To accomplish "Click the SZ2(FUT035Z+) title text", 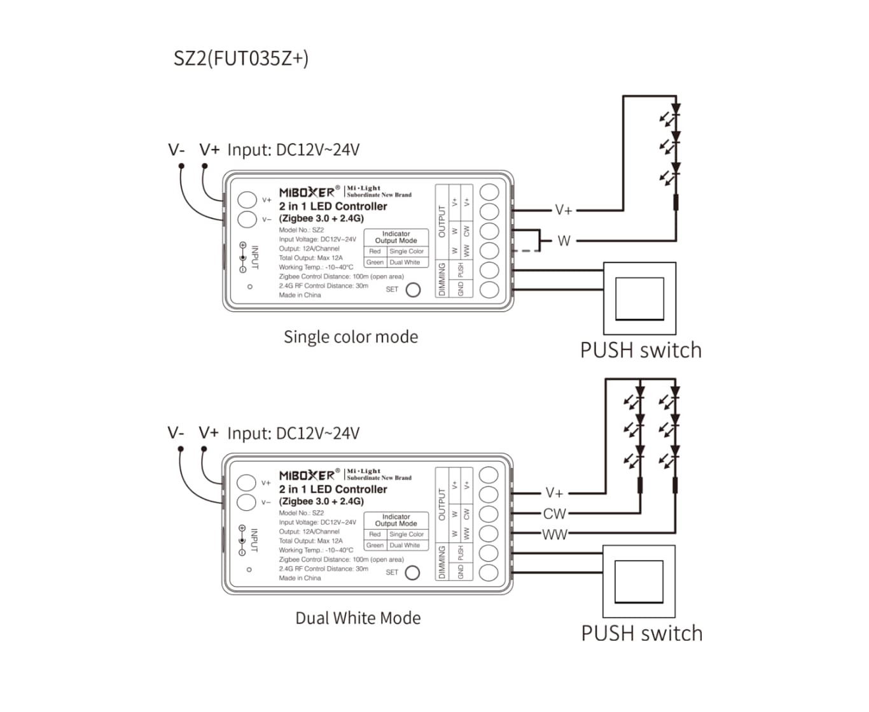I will click(x=241, y=58).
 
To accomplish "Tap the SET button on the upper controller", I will click(x=413, y=290).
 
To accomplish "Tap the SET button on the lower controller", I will click(x=412, y=573).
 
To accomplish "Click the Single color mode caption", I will click(x=351, y=337).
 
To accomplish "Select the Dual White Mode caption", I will click(x=358, y=618).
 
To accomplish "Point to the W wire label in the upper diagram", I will click(x=564, y=241).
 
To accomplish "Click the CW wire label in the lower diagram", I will click(x=554, y=513).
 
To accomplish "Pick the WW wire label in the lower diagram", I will click(x=554, y=534).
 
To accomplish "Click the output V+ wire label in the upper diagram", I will click(x=563, y=210).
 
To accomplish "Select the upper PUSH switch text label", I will click(x=641, y=350).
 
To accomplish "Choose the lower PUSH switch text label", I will click(x=641, y=634).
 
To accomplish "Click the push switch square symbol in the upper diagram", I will click(x=639, y=298).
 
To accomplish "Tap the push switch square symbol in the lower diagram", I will click(x=638, y=581).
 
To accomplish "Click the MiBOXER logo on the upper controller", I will click(x=307, y=192).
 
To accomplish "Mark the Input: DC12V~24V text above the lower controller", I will click(x=293, y=433).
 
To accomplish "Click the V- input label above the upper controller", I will click(x=176, y=150).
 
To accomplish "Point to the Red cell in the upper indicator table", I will click(x=375, y=252).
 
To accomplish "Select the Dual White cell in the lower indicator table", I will click(x=405, y=545).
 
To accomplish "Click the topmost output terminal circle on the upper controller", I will click(x=489, y=192).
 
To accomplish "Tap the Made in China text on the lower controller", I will click(x=300, y=578).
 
